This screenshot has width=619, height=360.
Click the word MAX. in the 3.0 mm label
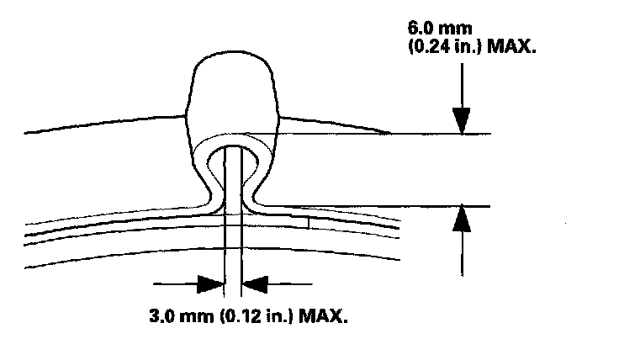point(316,318)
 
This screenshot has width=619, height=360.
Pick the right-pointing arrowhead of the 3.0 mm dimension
point(213,284)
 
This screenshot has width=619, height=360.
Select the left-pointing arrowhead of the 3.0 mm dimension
point(255,284)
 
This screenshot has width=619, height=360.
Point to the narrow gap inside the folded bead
point(233,181)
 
